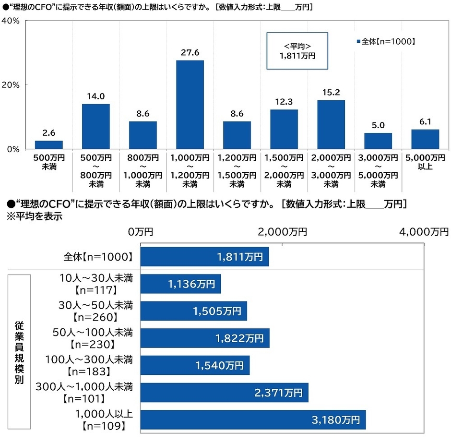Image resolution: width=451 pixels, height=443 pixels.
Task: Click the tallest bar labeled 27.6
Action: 190,104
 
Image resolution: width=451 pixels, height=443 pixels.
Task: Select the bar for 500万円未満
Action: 49,144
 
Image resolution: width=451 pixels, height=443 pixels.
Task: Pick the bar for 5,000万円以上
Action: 425,139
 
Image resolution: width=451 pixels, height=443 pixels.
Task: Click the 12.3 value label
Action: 284,102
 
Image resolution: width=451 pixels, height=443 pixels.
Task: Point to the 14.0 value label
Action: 96,96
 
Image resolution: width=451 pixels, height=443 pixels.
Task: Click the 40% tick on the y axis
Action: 10,21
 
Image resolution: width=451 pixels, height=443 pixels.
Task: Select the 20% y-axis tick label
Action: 10,85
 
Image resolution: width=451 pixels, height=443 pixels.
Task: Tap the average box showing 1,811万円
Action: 297,50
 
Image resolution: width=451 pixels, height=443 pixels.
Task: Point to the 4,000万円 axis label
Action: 424,232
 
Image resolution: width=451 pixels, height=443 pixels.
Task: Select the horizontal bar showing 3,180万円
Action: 253,419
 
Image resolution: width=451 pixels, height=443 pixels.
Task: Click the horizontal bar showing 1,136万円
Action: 181,284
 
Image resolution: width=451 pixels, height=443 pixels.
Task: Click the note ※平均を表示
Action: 34,216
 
